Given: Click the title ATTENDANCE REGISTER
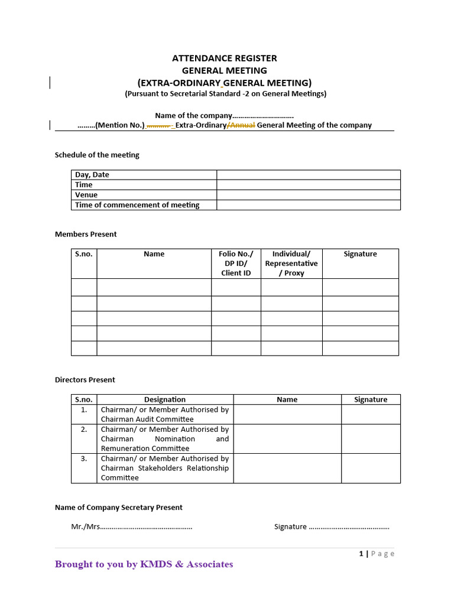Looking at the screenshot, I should point(224,58).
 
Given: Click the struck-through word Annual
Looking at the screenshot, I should point(242,125).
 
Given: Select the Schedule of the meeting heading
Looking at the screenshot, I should point(97,155).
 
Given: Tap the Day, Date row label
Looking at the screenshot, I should point(92,175).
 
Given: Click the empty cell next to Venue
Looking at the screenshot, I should point(308,195).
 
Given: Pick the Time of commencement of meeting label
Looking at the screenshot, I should point(137,205).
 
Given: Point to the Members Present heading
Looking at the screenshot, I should point(86,234).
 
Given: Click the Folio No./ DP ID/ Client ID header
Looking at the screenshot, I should point(236,264).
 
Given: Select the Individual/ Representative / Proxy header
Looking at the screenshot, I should point(291,264).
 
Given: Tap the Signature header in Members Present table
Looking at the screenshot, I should point(360,254).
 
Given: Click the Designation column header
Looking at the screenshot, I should point(165,399).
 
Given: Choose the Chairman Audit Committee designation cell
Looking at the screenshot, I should point(165,414).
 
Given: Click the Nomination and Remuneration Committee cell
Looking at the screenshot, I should point(165,438).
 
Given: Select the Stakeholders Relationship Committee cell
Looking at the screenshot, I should point(165,468).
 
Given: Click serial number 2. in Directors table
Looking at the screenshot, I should point(84,430).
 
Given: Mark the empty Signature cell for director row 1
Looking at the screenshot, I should point(371,414).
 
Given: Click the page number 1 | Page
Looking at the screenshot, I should point(377,554).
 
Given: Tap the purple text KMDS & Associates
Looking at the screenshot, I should point(186,564).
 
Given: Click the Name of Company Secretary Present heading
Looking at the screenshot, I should point(119,508).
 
